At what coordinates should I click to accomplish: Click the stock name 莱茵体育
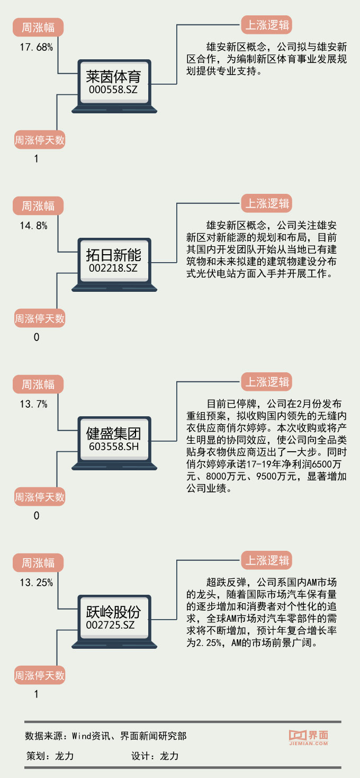pos(114,77)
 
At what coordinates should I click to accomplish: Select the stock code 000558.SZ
pos(113,90)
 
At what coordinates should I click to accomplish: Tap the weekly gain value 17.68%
pos(37,47)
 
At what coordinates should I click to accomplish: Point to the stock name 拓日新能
pos(114,256)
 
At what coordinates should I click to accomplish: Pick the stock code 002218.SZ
pos(113,269)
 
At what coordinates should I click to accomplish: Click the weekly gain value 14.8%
pos(34,226)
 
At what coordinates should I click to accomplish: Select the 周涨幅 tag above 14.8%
pos(38,205)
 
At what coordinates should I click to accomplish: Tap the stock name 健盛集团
pos(114,434)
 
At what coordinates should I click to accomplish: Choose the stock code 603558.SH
pos(113,447)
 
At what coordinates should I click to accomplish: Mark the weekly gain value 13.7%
pos(34,404)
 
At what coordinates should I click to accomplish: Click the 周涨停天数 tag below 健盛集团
pos(40,497)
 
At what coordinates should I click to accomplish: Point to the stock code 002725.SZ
pos(113,625)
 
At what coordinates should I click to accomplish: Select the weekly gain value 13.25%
pos(37,583)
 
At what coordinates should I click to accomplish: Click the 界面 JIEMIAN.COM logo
pos(309,737)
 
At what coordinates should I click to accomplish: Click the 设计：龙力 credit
pos(155,756)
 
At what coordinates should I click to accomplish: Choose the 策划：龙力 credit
pos(50,756)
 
